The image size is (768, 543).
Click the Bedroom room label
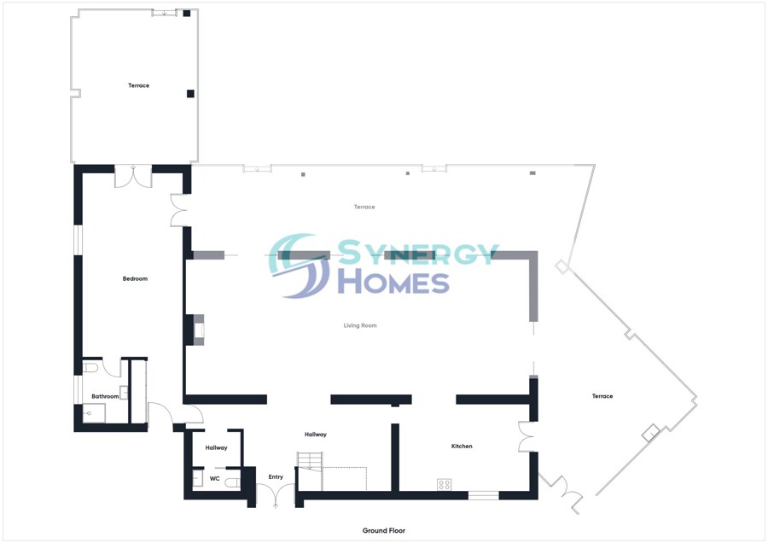click(135, 279)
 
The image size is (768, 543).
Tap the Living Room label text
click(360, 325)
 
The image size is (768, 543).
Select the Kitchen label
click(462, 447)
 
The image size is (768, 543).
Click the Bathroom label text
click(105, 396)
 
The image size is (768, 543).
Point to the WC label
click(215, 479)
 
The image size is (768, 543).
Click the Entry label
click(276, 477)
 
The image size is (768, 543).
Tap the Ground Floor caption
click(383, 530)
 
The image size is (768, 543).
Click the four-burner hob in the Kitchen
click(444, 485)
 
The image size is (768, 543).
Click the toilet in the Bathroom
click(91, 368)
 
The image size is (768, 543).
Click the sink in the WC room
click(197, 480)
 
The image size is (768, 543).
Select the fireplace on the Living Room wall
click(199, 330)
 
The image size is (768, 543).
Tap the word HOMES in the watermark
click(393, 282)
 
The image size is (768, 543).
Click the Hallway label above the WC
click(216, 447)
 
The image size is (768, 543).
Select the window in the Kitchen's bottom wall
click(483, 494)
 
